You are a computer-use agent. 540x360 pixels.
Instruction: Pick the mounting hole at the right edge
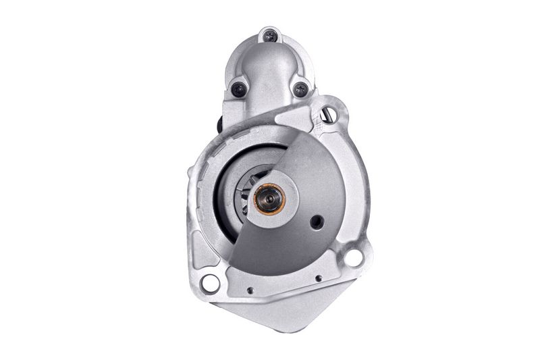pyautogui.click(x=352, y=257)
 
